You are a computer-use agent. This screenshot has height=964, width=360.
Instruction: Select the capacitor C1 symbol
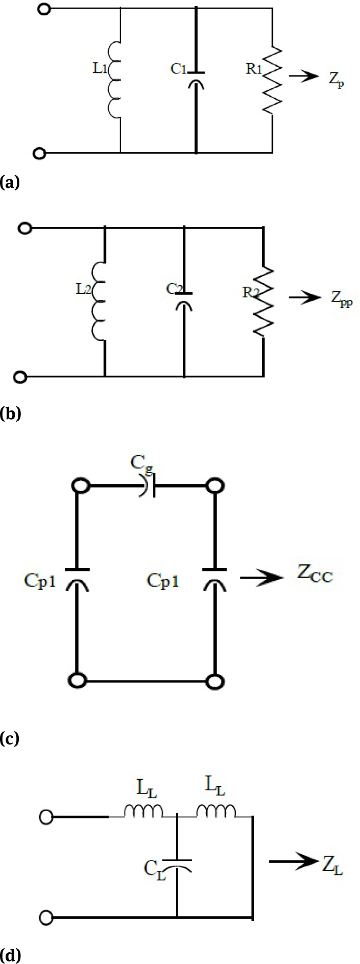click(196, 80)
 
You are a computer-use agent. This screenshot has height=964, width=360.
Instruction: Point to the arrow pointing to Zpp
click(303, 297)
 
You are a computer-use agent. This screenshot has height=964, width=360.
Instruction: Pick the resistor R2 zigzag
click(264, 300)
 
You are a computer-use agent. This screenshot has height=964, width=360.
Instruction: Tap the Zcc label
click(315, 576)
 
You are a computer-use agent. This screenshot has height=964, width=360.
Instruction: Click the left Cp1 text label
click(39, 581)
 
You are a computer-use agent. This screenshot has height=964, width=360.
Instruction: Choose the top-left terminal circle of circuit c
click(79, 486)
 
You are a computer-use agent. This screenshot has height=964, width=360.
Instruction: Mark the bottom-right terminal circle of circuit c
click(214, 680)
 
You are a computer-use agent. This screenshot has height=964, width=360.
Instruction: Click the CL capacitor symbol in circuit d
click(177, 865)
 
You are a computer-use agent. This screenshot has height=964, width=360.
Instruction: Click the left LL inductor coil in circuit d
click(144, 811)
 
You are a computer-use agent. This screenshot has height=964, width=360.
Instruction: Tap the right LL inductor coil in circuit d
click(216, 811)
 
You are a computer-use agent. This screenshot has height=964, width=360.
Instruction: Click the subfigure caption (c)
click(10, 737)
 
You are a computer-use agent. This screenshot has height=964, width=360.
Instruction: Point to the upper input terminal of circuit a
click(45, 9)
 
